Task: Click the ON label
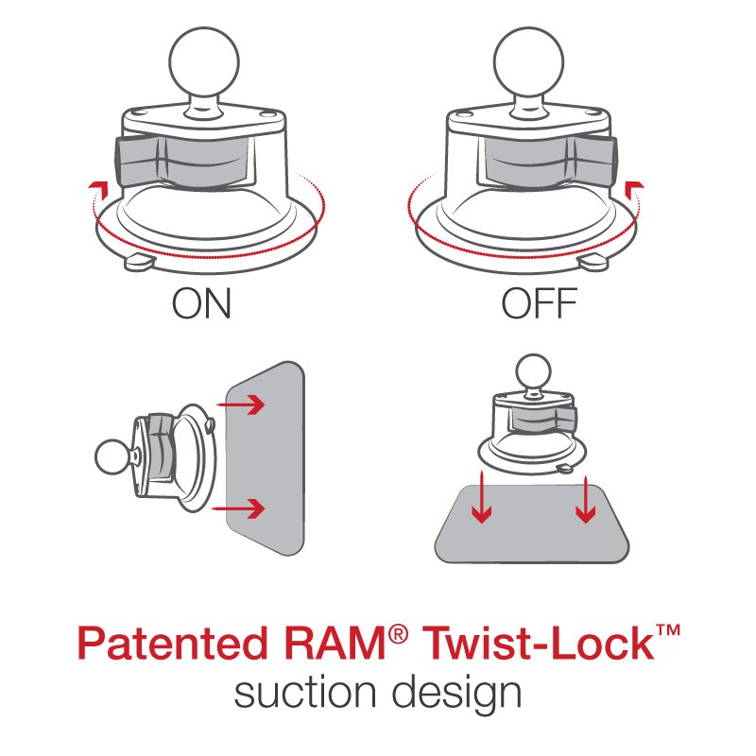[201, 304]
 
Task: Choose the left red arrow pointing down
[483, 501]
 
